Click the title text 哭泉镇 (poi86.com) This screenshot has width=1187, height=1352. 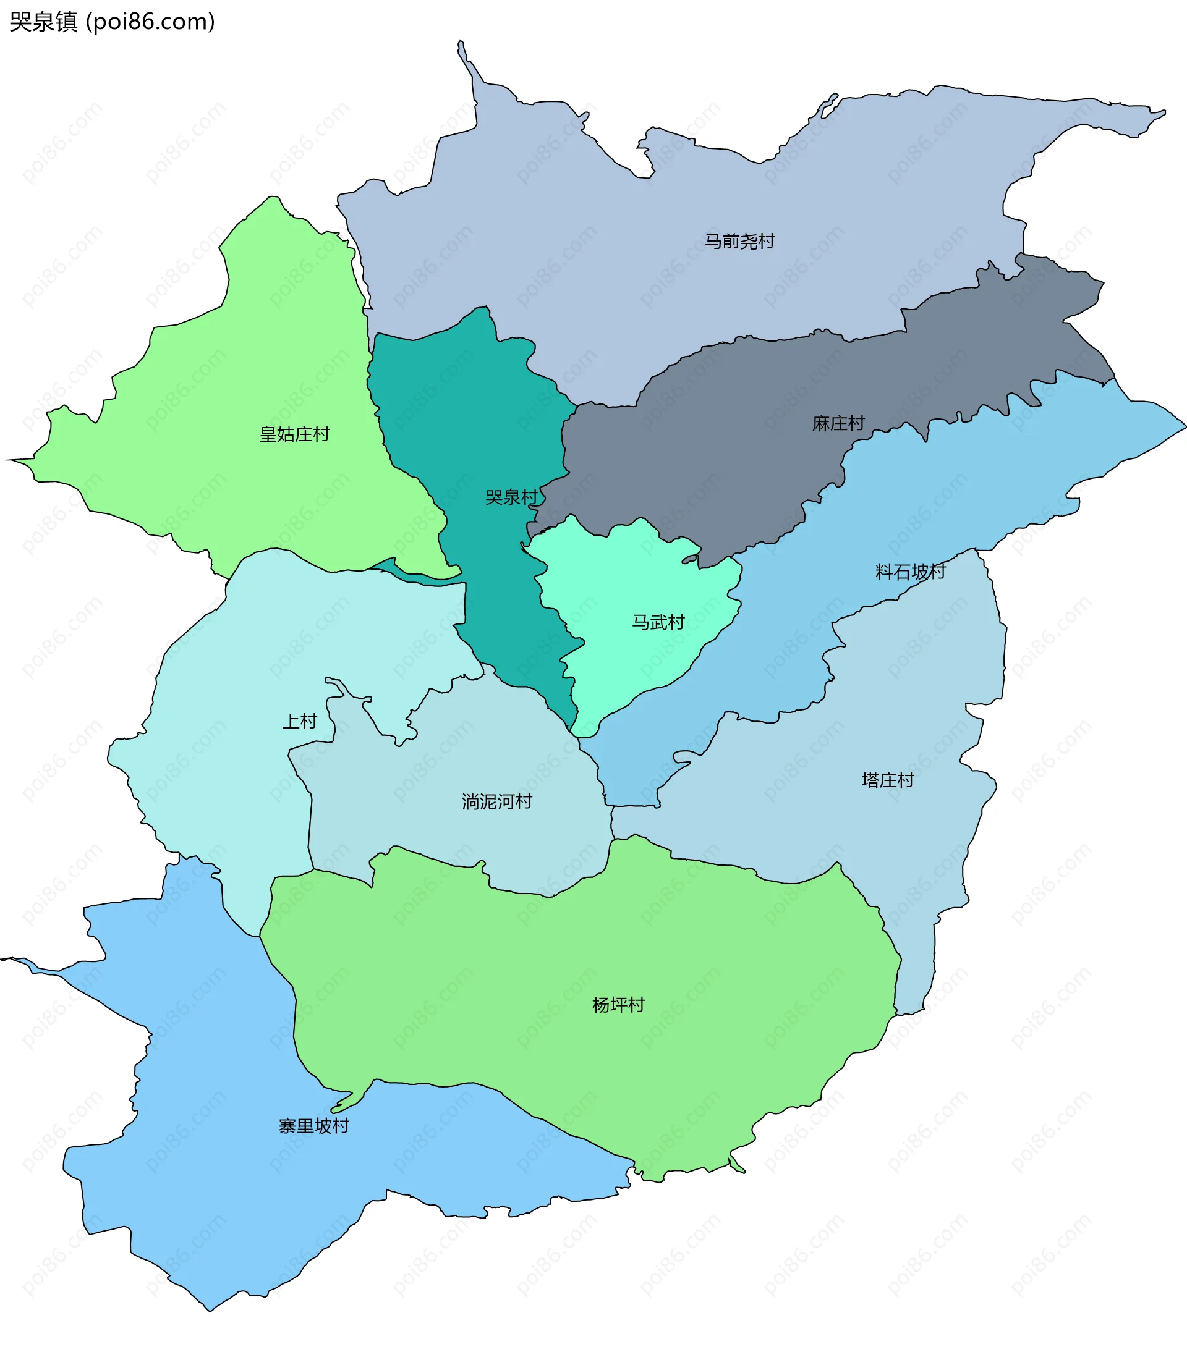coord(112,22)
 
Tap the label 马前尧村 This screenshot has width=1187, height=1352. coord(738,241)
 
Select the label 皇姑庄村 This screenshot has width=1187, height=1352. coord(294,434)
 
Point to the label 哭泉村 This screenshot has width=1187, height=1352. coord(511,497)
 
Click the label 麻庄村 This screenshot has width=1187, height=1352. coord(838,423)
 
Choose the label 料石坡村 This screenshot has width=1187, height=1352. coord(911,572)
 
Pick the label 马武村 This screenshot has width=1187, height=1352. coord(658,622)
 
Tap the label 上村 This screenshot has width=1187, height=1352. coord(300,721)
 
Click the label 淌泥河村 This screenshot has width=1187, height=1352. coord(496,801)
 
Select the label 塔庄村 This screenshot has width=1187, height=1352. coord(887,780)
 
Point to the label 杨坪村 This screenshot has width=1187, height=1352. coord(618,1005)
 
